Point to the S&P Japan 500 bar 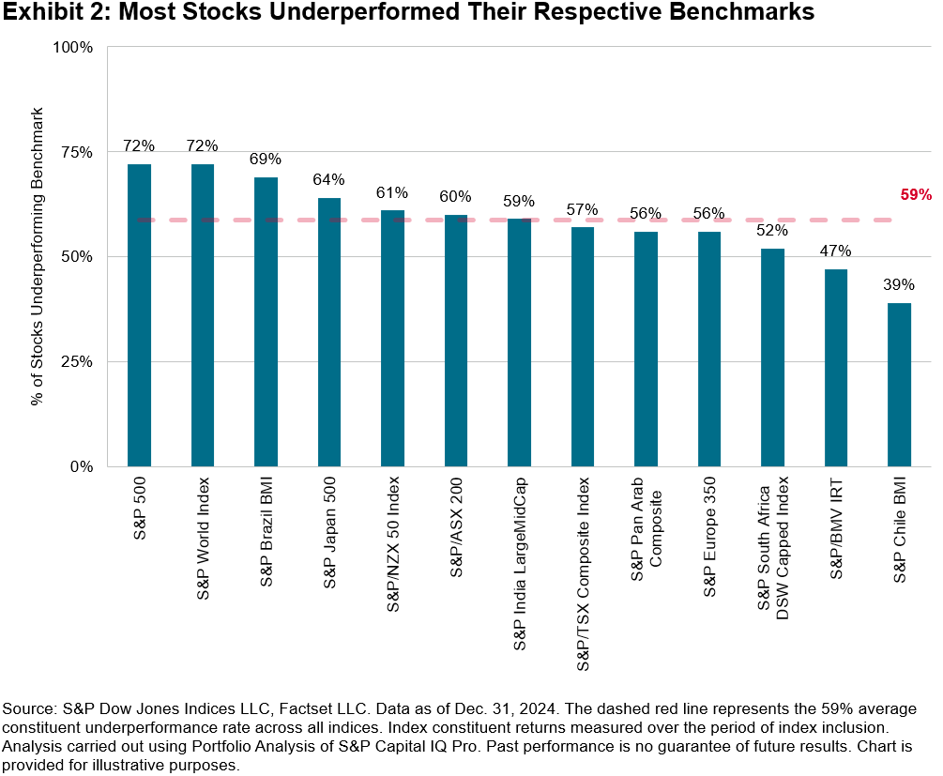coord(329,332)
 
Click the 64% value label coord(329,179)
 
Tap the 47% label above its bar coord(835,251)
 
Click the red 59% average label coord(916,195)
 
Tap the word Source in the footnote coord(29,708)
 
